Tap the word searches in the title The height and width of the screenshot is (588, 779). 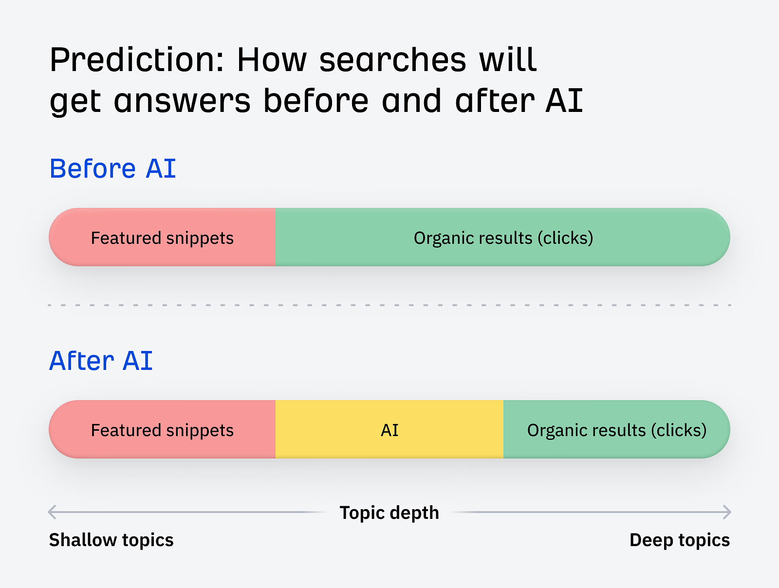pyautogui.click(x=392, y=61)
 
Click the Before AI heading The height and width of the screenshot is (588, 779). pyautogui.click(x=112, y=169)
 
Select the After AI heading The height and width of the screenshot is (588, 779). pyautogui.click(x=101, y=361)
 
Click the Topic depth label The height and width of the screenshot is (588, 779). pyautogui.click(x=389, y=513)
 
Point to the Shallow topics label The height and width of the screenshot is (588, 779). pyautogui.click(x=111, y=540)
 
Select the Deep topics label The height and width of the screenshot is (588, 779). pyautogui.click(x=679, y=540)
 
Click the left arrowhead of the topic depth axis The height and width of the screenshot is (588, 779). pyautogui.click(x=52, y=512)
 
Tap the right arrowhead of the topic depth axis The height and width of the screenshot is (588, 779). pyautogui.click(x=727, y=512)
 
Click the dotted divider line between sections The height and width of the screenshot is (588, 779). pyautogui.click(x=389, y=305)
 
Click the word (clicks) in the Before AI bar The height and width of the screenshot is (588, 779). pyautogui.click(x=565, y=238)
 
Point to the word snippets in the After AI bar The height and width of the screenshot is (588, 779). pyautogui.click(x=200, y=431)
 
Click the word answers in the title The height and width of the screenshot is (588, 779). pyautogui.click(x=182, y=102)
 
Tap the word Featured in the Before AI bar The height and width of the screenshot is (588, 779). pyautogui.click(x=126, y=238)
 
